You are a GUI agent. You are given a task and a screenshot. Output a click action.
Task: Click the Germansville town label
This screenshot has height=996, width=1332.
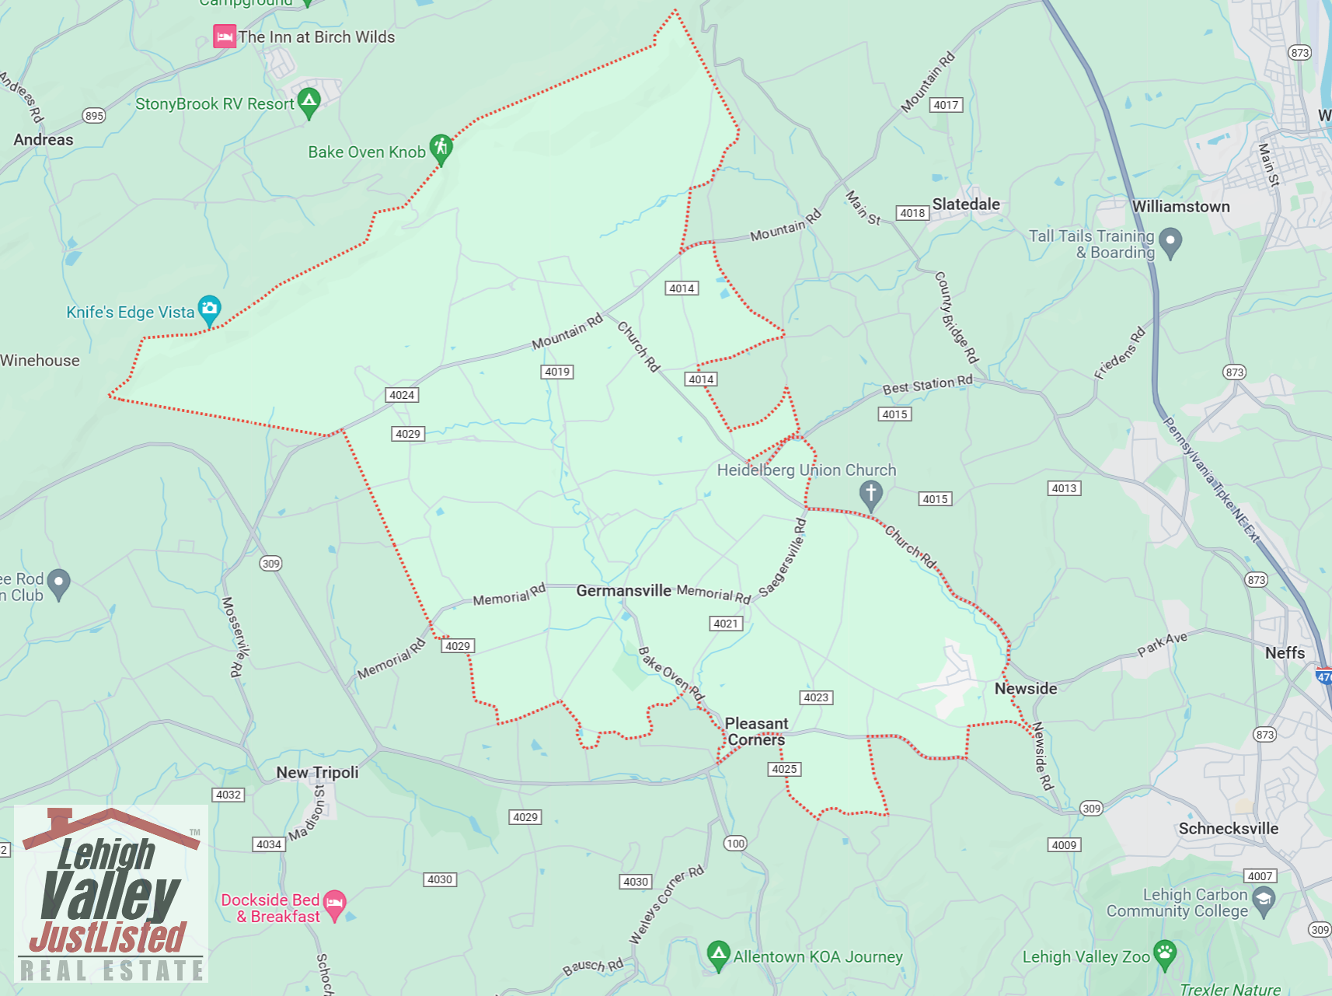pos(623,591)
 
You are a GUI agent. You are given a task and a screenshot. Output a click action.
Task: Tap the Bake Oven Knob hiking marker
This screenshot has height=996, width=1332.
pos(441,148)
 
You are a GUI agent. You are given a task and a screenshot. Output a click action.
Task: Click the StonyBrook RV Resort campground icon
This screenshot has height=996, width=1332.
pos(309,102)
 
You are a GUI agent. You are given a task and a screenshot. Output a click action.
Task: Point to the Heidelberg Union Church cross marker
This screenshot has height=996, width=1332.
pos(870,494)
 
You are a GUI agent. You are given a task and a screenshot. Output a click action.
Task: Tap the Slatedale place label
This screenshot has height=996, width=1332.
pos(966,204)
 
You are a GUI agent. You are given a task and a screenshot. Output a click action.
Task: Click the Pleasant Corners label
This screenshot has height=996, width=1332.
pos(756,732)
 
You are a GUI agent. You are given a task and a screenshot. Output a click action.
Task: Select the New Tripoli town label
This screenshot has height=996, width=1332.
pos(317,772)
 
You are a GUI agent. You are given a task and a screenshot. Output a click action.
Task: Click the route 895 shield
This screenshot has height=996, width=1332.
pos(94,116)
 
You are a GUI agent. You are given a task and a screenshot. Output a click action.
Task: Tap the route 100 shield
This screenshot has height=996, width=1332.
pos(735,844)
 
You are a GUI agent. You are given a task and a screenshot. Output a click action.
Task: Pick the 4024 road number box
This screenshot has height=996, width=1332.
pos(402,395)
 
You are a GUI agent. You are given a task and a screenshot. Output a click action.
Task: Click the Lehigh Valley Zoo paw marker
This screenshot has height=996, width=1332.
pos(1164,954)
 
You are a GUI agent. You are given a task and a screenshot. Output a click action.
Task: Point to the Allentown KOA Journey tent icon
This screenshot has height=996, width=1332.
pos(718,954)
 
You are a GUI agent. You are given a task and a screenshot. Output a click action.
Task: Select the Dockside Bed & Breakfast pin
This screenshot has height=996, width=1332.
pos(334,904)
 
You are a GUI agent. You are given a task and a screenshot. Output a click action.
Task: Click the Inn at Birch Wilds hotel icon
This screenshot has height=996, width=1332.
pos(225,37)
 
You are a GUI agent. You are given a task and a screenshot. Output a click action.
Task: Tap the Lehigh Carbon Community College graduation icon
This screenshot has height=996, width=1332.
pos(1264,901)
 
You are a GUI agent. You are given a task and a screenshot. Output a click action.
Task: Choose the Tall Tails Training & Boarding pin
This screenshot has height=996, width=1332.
pos(1170,241)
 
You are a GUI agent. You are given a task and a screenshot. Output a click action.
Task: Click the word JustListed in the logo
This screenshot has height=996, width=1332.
pos(109,937)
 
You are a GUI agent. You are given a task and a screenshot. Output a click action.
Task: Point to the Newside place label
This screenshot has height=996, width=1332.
pos(1026,689)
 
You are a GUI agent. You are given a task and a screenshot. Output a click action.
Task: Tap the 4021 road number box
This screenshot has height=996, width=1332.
pos(727,624)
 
